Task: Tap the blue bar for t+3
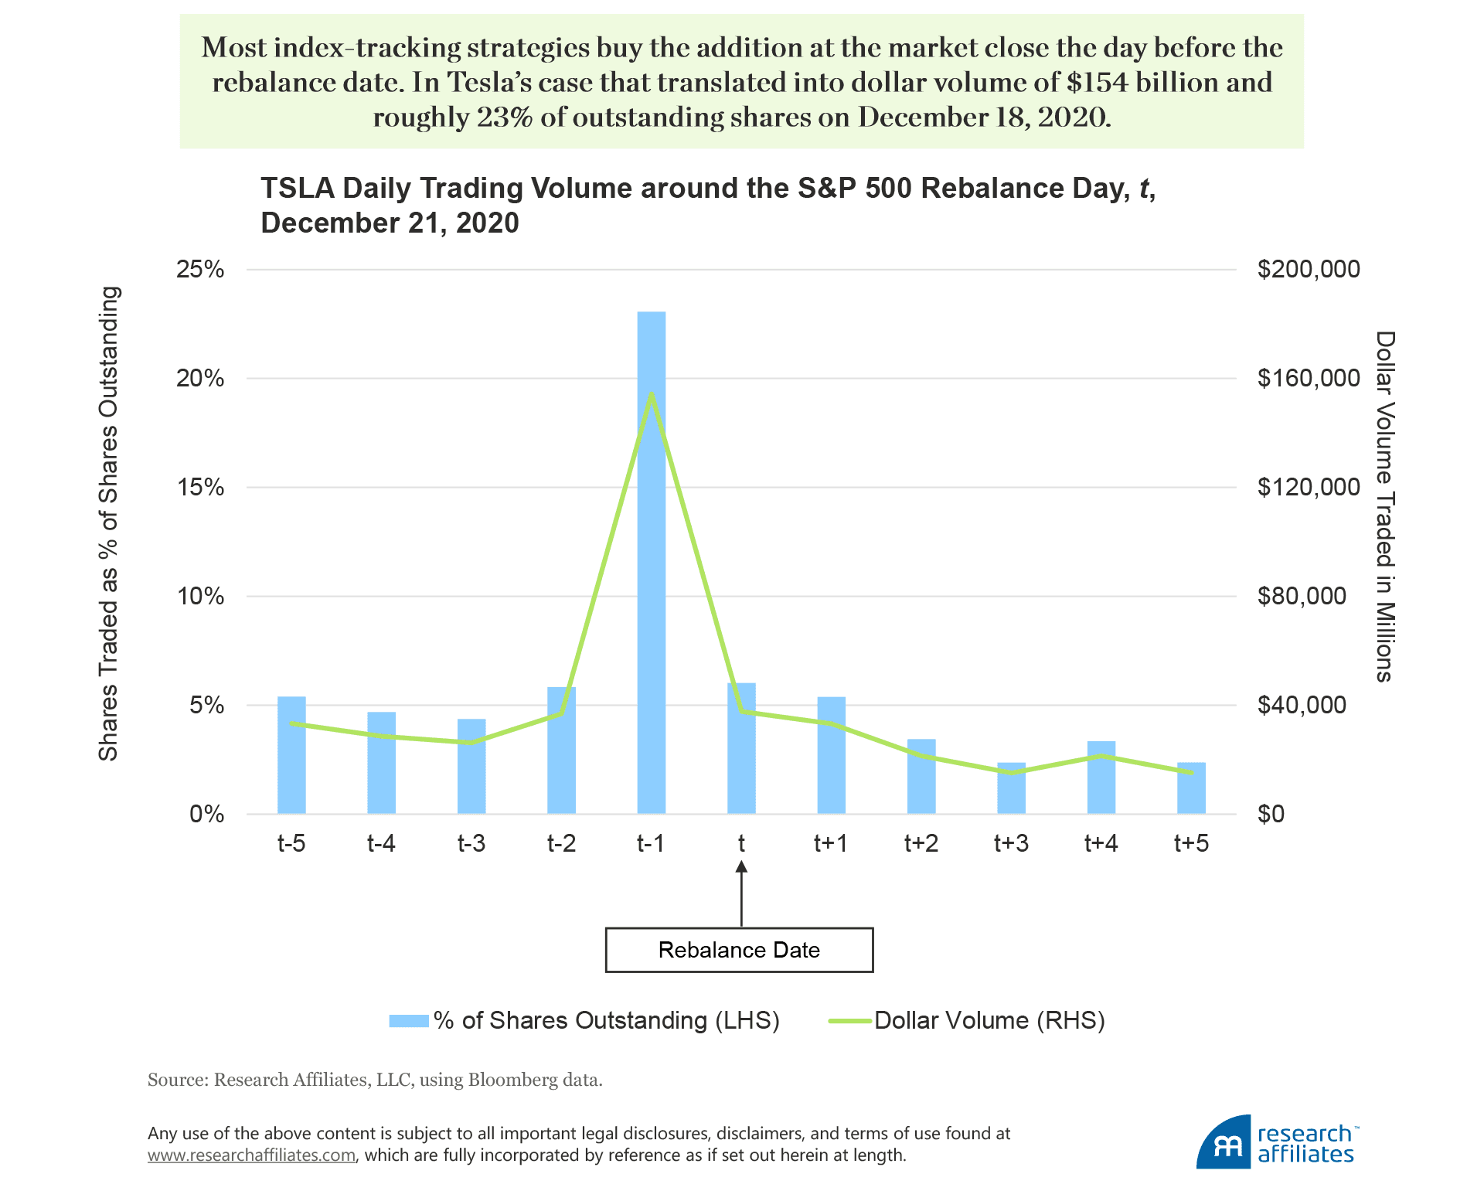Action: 1011,788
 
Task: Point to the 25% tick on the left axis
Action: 200,270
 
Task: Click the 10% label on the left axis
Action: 200,597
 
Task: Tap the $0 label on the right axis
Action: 1271,814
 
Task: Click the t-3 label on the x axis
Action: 471,843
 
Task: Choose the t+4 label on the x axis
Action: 1101,843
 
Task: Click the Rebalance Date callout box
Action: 739,950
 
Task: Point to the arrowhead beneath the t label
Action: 741,868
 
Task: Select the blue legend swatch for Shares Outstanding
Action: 409,1021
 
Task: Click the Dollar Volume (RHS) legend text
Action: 989,1021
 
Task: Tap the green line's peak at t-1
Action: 652,395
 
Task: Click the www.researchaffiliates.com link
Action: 252,1155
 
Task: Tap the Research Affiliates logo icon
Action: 1224,1142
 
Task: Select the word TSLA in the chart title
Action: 296,189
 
